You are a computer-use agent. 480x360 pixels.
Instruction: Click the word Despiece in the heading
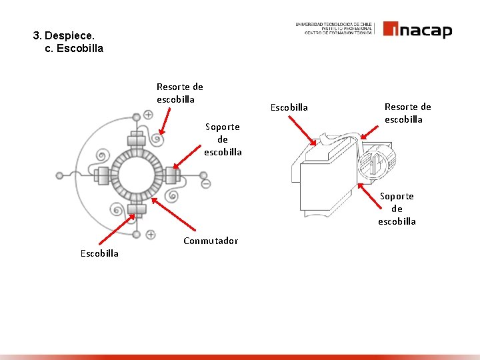pyautogui.click(x=73, y=35)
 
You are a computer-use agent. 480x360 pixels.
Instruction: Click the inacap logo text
pyautogui.click(x=417, y=30)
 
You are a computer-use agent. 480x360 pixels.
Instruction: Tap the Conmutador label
pyautogui.click(x=210, y=241)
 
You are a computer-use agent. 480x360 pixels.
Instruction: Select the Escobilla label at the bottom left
pyautogui.click(x=99, y=253)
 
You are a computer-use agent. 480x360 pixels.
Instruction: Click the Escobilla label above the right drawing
pyautogui.click(x=289, y=107)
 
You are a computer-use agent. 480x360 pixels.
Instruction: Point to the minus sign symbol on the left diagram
pyautogui.click(x=206, y=183)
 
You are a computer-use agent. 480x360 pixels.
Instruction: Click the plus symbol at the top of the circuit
pyautogui.click(x=148, y=115)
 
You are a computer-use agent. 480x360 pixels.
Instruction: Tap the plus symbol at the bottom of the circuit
pyautogui.click(x=151, y=235)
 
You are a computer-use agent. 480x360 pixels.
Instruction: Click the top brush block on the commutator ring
pyautogui.click(x=137, y=141)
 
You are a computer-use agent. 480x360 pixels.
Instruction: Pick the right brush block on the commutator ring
pyautogui.click(x=171, y=176)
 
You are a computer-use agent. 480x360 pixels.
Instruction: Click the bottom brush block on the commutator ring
pyautogui.click(x=137, y=211)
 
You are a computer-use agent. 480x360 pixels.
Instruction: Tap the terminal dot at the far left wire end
pyautogui.click(x=60, y=175)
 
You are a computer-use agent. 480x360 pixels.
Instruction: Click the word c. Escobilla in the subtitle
pyautogui.click(x=74, y=49)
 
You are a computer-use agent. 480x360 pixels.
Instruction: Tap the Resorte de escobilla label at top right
pyautogui.click(x=407, y=113)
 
